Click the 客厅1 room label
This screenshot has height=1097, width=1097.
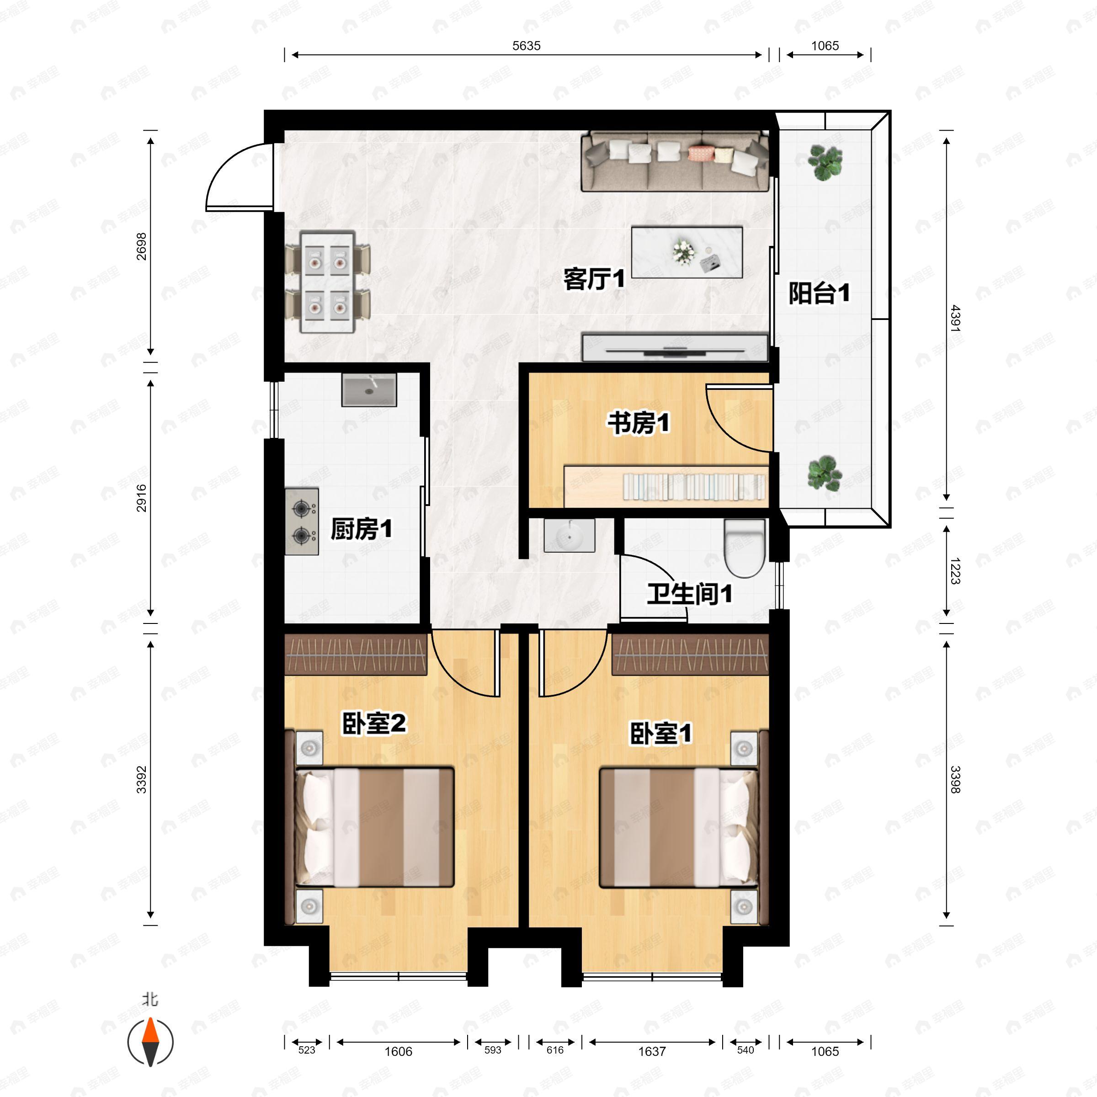(x=594, y=279)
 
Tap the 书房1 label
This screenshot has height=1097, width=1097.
(x=639, y=423)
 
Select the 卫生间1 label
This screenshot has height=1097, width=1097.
(x=689, y=594)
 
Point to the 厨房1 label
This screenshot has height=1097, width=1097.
(x=361, y=529)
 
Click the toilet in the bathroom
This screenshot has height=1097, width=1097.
(x=745, y=548)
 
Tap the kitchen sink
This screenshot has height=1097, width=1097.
(x=369, y=389)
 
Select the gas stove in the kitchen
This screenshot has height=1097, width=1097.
(x=302, y=521)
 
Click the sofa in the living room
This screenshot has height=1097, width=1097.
(x=675, y=161)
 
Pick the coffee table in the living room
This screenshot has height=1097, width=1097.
(x=687, y=253)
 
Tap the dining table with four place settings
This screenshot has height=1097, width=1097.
(x=328, y=282)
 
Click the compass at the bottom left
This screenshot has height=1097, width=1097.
(x=150, y=1042)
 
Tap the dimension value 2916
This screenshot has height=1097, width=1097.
(x=141, y=498)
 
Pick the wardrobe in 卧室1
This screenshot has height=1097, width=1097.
(x=690, y=654)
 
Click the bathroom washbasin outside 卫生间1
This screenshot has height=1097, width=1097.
(x=569, y=535)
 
